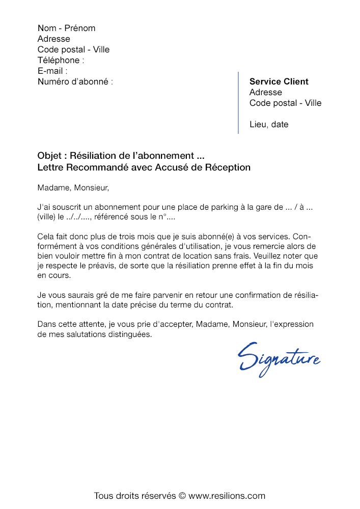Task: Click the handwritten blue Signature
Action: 279,357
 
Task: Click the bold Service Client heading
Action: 279,81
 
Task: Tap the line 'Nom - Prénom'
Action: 66,28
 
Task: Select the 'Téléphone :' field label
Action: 61,60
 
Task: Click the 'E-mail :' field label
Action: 52,71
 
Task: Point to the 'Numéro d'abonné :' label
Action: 75,81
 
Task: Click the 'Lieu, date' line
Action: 268,124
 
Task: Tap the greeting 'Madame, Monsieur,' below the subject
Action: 73,188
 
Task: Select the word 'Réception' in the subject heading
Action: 228,167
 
